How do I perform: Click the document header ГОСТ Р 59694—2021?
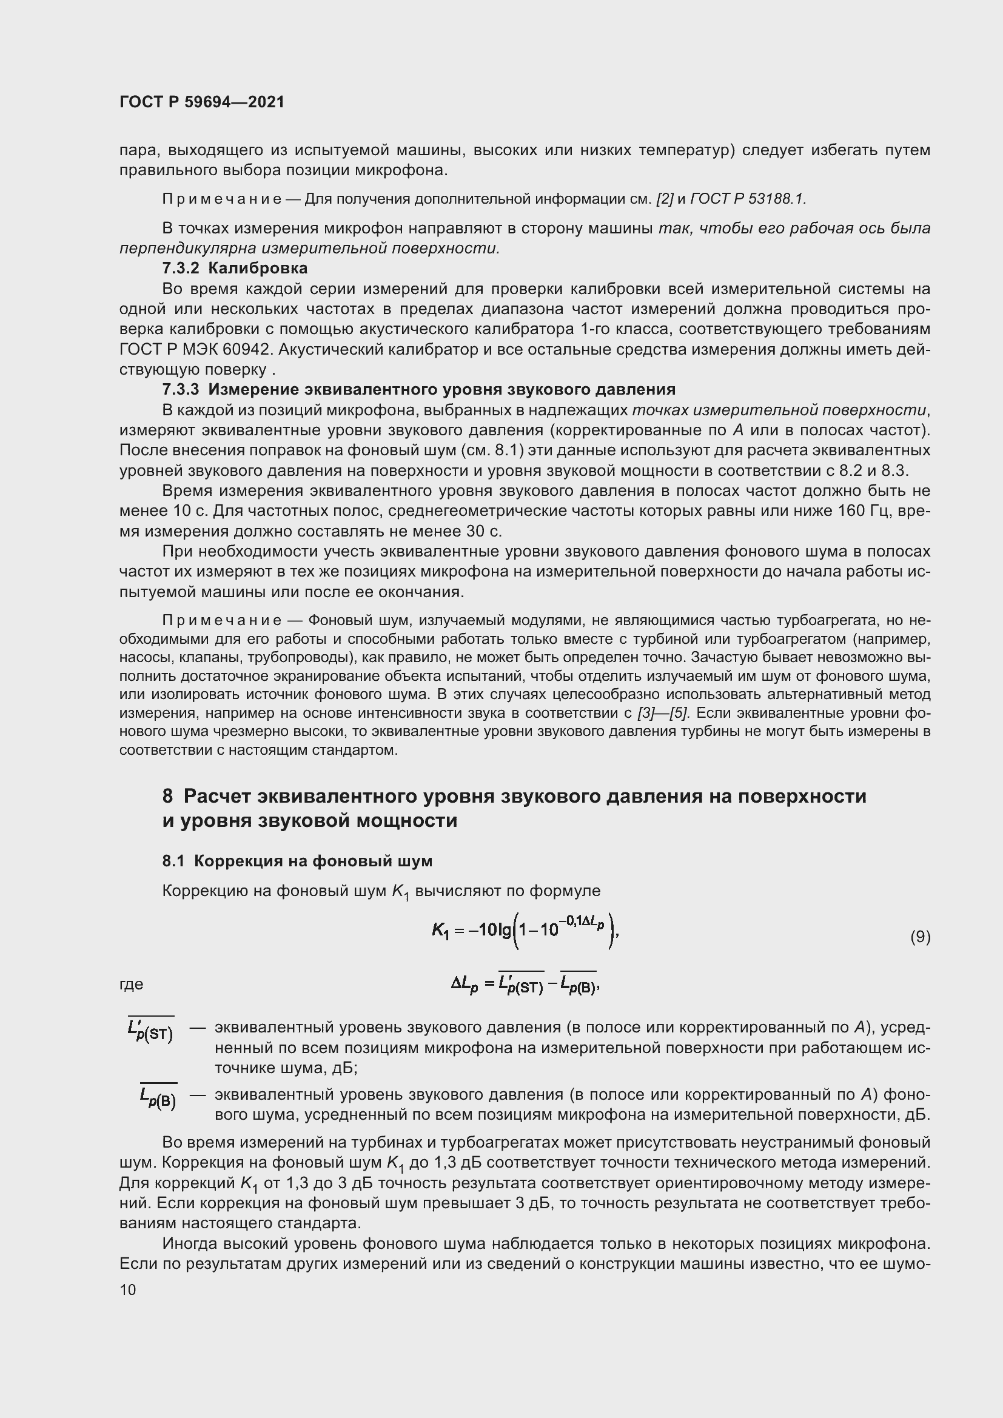[202, 102]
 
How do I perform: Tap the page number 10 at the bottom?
[128, 1289]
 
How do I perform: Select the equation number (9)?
[920, 937]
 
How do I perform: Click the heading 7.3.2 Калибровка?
[235, 268]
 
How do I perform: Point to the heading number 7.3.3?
[180, 389]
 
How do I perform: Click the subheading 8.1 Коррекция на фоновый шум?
[297, 861]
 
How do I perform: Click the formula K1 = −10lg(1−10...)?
[525, 932]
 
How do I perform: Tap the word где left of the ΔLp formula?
[131, 985]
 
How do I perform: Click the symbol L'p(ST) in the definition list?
[151, 1031]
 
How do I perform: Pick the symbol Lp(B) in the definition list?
[158, 1098]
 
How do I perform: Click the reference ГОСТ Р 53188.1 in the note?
[747, 199]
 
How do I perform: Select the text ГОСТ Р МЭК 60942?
[196, 350]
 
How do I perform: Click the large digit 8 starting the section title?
[167, 796]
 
